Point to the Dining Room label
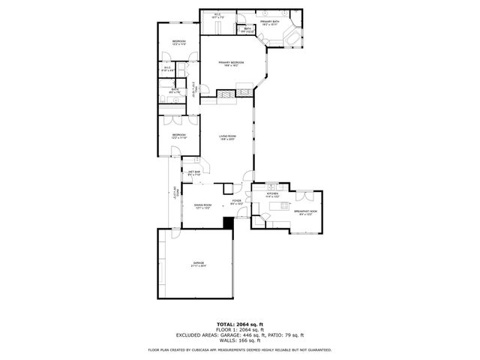click(202, 205)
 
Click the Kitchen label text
click(272, 194)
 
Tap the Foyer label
click(236, 202)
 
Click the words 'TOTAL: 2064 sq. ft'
click(239, 324)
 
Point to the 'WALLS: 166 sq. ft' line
click(239, 340)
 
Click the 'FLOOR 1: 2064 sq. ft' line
click(239, 330)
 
